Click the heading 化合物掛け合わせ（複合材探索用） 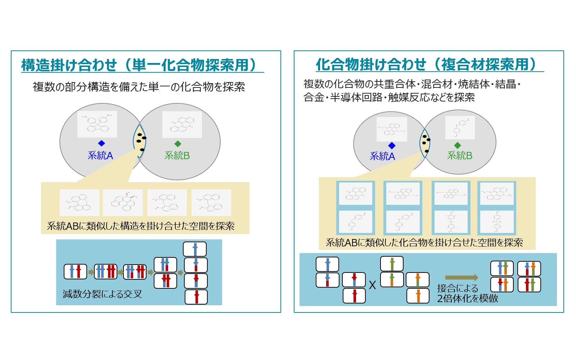point(426,64)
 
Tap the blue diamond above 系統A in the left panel point(102,143)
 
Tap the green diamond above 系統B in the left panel point(177,144)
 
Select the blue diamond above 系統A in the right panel point(392,145)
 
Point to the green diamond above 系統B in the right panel point(458,145)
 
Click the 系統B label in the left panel point(177,156)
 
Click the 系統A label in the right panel point(382,156)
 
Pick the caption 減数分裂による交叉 point(102,294)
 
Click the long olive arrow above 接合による point(462,277)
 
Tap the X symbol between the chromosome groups point(372,285)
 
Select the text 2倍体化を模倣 point(468,298)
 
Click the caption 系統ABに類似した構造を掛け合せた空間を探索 point(141,226)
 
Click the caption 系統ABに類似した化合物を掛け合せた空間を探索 point(424,243)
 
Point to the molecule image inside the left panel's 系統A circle point(97,124)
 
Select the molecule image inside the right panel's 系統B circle point(460,127)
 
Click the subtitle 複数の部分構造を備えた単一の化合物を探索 point(139,87)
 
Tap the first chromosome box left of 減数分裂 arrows point(75,271)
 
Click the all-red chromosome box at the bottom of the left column point(196,297)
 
